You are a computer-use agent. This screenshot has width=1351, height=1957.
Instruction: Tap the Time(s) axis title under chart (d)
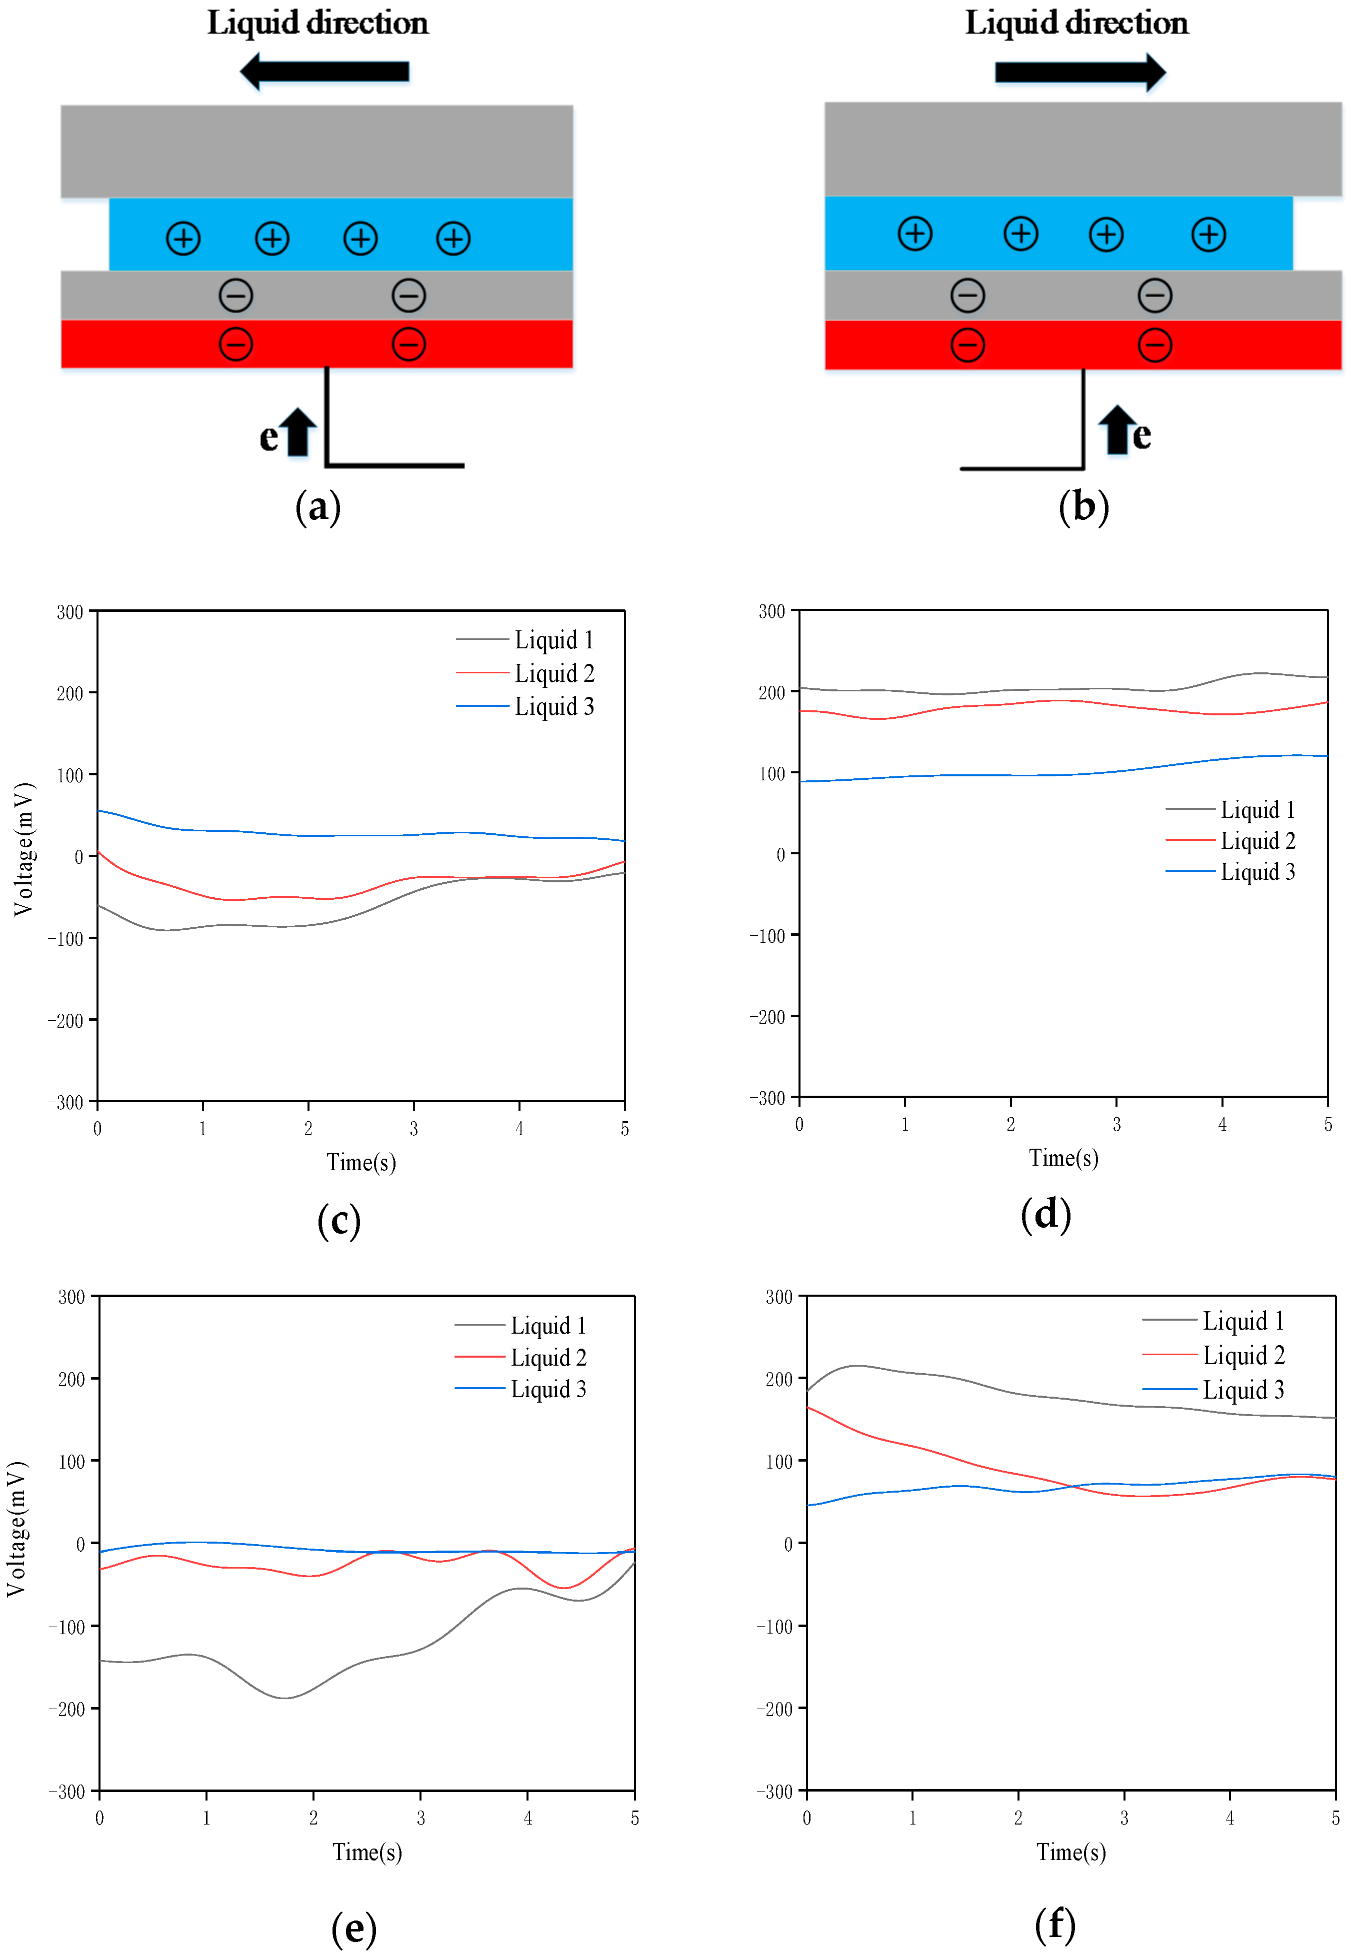tap(1063, 1157)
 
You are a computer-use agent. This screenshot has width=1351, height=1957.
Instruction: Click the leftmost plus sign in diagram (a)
tap(183, 238)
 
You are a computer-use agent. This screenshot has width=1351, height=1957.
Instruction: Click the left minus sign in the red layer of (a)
tap(236, 344)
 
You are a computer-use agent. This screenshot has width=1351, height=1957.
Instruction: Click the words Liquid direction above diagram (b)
tap(1076, 23)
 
